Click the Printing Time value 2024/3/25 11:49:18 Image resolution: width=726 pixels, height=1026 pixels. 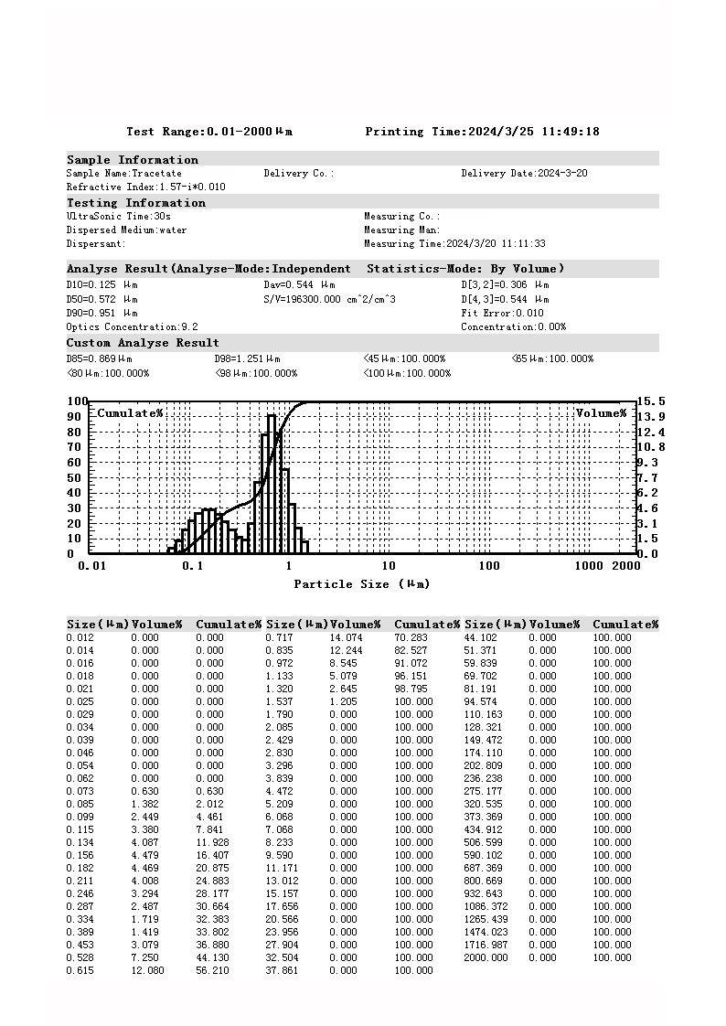(533, 132)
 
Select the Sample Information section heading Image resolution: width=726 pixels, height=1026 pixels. (132, 160)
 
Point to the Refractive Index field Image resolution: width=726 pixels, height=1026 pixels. (145, 187)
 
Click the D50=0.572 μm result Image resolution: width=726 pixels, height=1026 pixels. (101, 299)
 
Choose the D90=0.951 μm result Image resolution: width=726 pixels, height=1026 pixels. (101, 313)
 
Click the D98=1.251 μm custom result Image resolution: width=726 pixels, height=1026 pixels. (247, 359)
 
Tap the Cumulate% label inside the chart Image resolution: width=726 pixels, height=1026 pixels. (130, 413)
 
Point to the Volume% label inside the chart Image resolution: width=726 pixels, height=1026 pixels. (601, 413)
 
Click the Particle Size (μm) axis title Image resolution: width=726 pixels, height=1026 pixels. (361, 584)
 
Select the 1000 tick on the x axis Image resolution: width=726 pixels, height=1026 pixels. (590, 566)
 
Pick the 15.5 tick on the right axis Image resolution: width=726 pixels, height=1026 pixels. (651, 401)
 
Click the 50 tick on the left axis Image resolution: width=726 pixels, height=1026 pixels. (77, 477)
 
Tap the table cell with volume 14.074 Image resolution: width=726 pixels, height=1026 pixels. (346, 637)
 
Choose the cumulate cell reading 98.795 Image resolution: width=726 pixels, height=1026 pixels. (413, 689)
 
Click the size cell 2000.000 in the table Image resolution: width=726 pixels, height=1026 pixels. (486, 957)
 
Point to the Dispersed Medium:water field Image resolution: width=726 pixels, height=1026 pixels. (126, 230)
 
